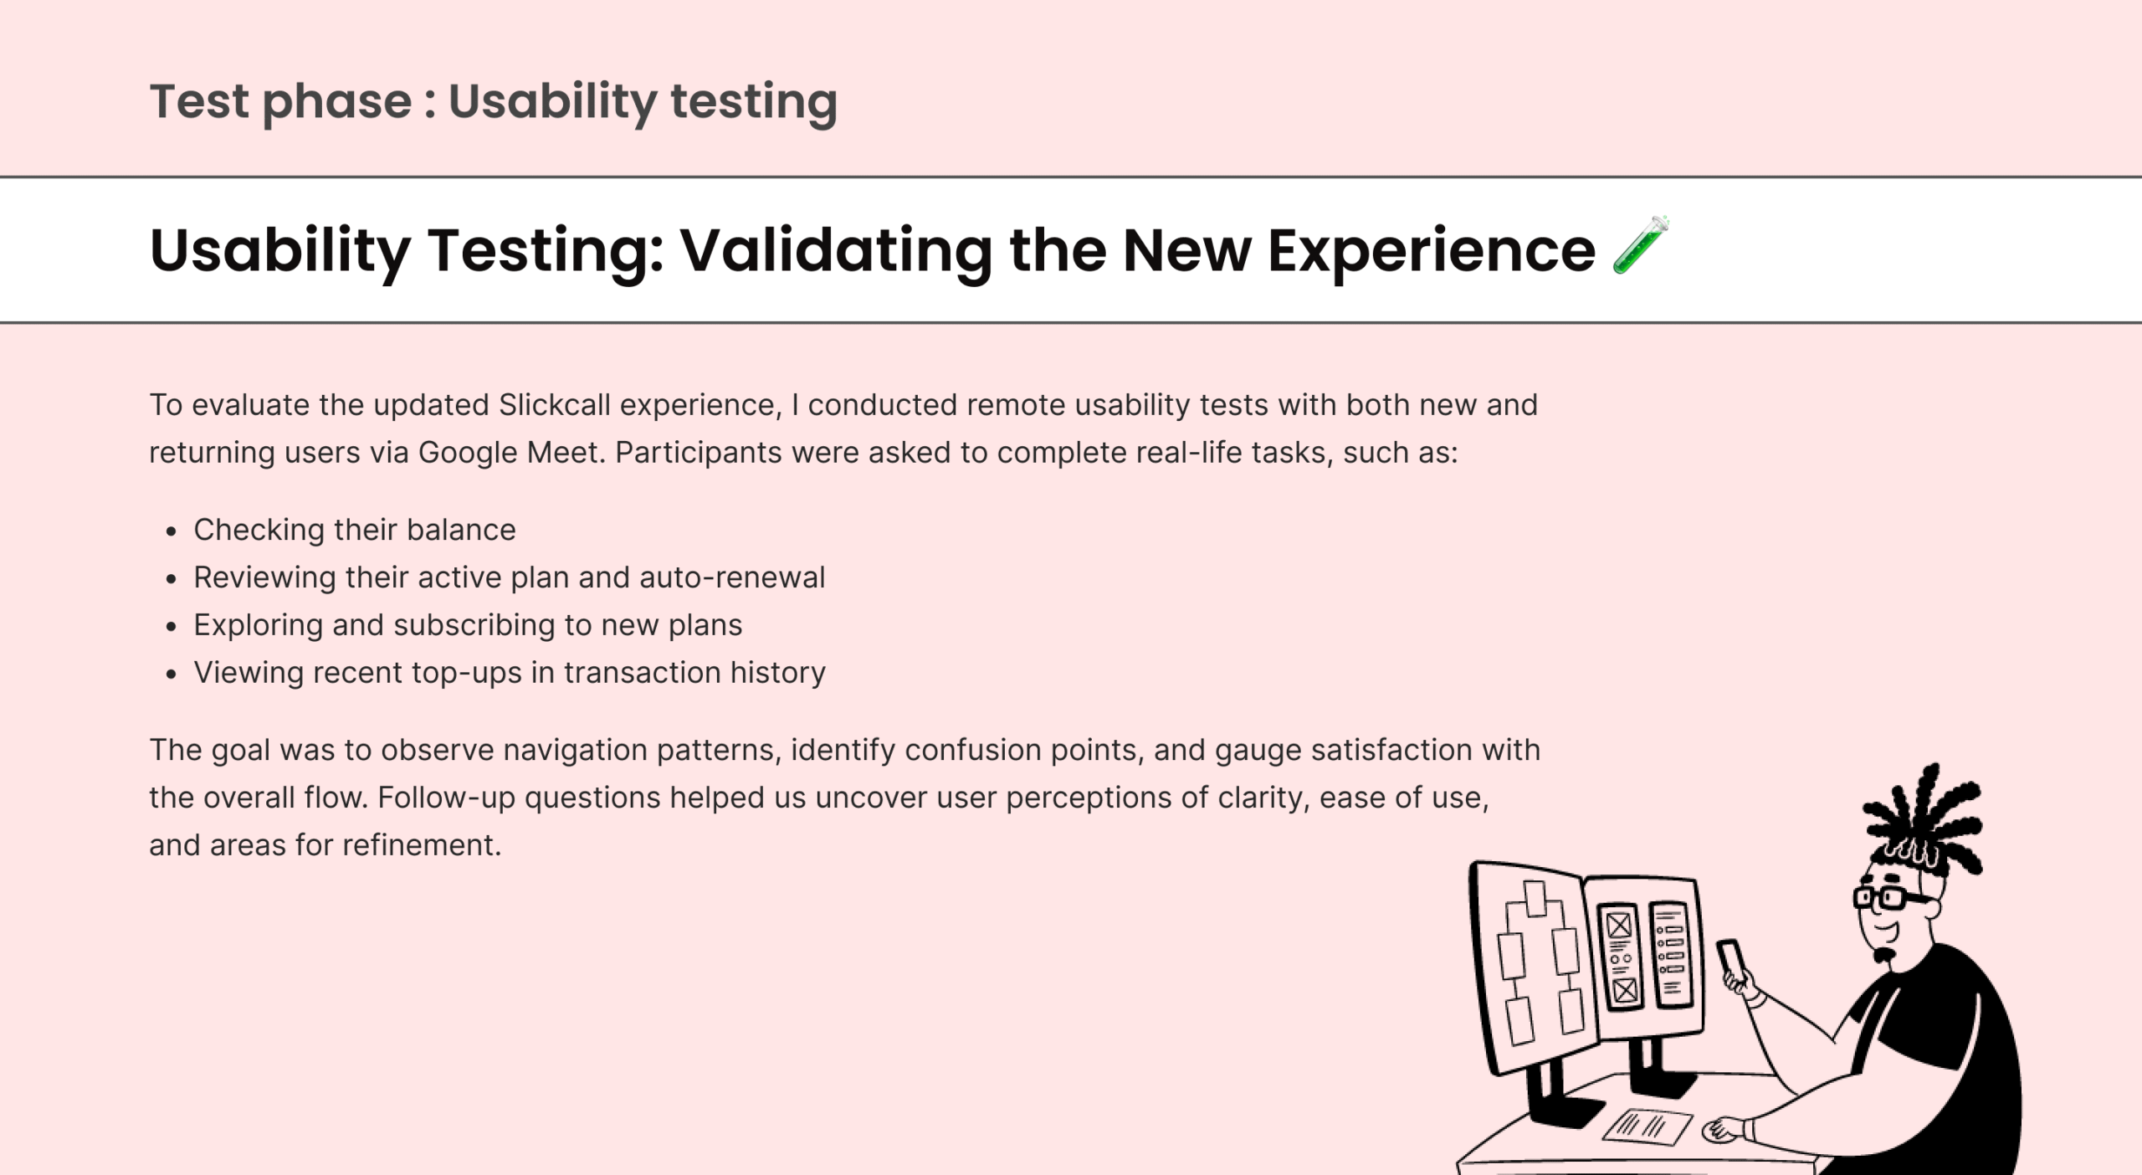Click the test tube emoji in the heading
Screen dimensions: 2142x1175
coord(1641,245)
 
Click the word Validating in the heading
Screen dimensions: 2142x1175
coord(835,250)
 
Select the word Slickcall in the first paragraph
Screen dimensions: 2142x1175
coord(555,405)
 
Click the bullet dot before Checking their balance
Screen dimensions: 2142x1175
coord(172,531)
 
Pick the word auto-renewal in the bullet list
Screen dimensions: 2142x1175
coord(732,577)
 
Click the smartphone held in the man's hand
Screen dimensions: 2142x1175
coord(1731,962)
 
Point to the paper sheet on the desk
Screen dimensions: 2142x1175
coord(1647,1126)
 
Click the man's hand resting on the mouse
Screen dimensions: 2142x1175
coord(1724,1131)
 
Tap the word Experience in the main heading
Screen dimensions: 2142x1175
coord(1432,250)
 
